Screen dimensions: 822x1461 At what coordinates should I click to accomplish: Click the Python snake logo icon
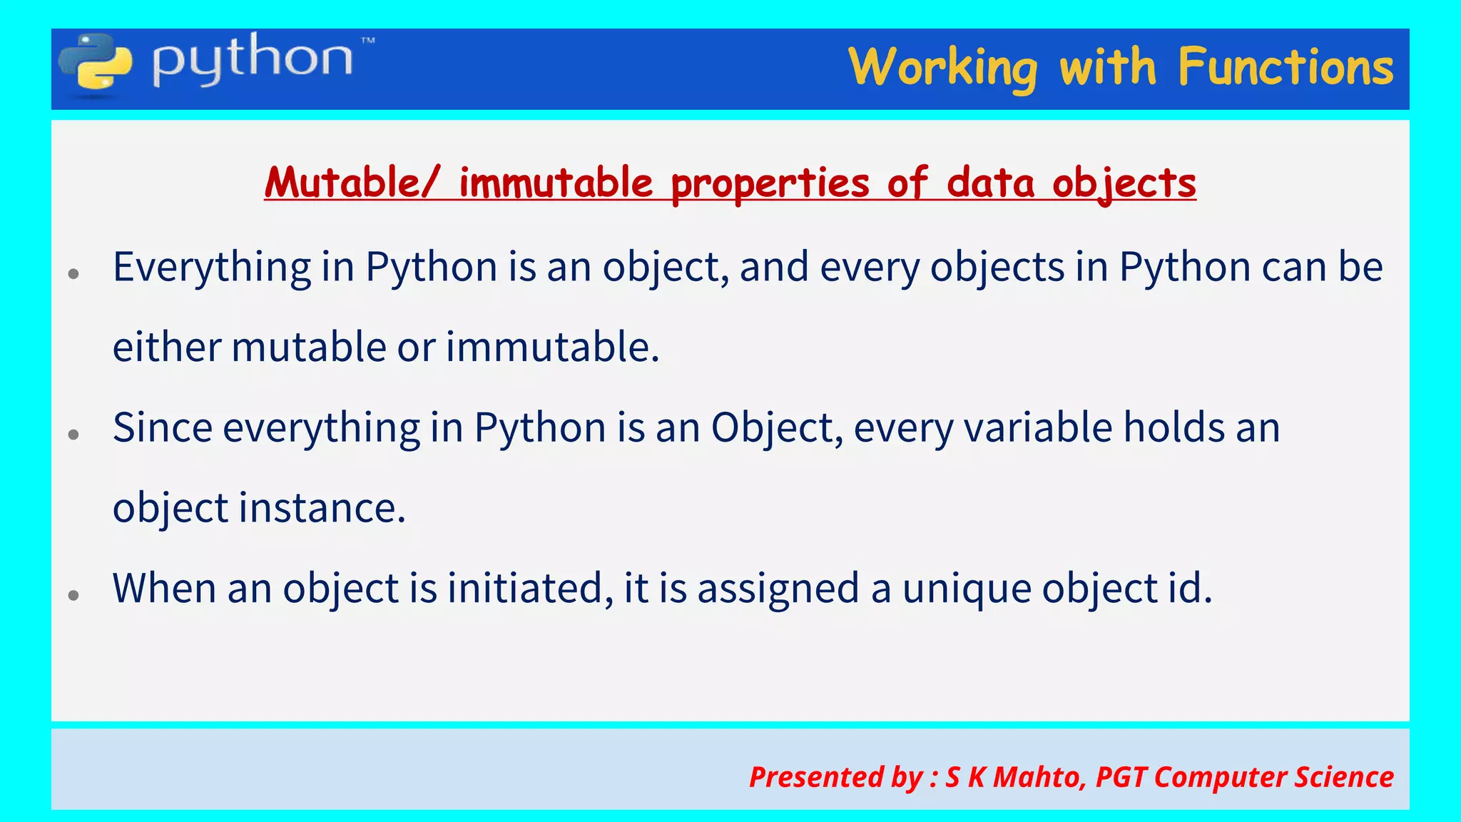96,64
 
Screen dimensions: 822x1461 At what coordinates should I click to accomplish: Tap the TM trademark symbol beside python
368,41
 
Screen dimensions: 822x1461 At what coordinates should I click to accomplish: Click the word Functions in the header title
1286,67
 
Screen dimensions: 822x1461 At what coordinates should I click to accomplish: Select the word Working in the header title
942,68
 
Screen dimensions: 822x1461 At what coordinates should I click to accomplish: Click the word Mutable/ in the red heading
352,183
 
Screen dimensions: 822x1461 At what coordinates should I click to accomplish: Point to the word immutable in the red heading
556,183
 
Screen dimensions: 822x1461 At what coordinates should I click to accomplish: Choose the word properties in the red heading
770,184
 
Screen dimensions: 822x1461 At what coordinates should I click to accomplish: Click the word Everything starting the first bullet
212,268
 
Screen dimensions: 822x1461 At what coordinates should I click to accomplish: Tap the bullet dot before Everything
73,273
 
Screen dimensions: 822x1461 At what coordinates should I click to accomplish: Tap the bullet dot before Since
73,434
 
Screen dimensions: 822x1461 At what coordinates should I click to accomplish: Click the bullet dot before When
73,594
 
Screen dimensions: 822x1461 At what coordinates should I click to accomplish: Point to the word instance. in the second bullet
322,508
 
